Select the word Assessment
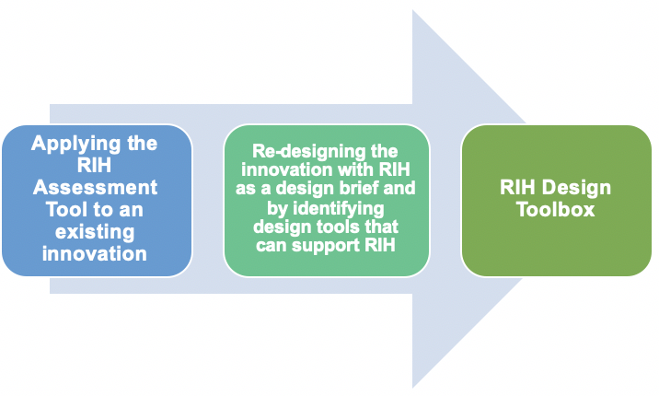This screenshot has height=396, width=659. click(95, 187)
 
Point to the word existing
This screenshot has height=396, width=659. click(95, 232)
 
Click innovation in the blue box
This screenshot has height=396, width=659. click(95, 253)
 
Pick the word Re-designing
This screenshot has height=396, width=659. click(305, 152)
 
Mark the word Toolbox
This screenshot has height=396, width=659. click(556, 209)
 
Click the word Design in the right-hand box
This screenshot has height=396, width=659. click(576, 188)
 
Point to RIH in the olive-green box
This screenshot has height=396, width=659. click(518, 187)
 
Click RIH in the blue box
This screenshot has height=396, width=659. click(94, 165)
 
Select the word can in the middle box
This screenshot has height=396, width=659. click(272, 246)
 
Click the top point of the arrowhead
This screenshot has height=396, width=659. click(412, 10)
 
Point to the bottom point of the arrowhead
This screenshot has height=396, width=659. click(412, 387)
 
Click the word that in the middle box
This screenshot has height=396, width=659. click(382, 227)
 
